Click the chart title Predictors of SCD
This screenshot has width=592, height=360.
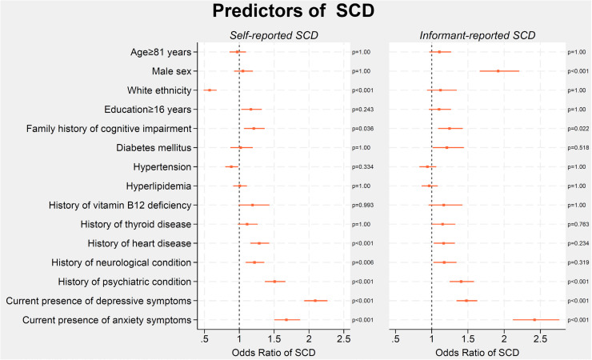pyautogui.click(x=294, y=11)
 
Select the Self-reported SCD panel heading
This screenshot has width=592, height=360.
pyautogui.click(x=274, y=35)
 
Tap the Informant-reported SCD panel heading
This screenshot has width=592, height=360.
pyautogui.click(x=478, y=35)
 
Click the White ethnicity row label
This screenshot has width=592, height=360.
pyautogui.click(x=159, y=90)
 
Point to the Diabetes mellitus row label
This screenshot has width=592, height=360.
pyautogui.click(x=154, y=148)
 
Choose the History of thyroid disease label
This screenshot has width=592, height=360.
pyautogui.click(x=136, y=225)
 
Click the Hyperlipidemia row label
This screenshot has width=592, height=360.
pyautogui.click(x=158, y=186)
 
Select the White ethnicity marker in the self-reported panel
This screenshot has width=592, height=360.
pyautogui.click(x=210, y=90)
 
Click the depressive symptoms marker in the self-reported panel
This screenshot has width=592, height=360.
pyautogui.click(x=315, y=301)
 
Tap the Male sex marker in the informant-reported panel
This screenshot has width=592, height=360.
pyautogui.click(x=498, y=71)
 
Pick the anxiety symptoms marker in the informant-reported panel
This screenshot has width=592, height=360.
pyautogui.click(x=534, y=320)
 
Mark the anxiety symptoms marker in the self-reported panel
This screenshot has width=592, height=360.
pyautogui.click(x=286, y=320)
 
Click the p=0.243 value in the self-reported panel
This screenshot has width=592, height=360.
pyautogui.click(x=362, y=110)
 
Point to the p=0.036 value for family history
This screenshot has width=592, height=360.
pyautogui.click(x=362, y=129)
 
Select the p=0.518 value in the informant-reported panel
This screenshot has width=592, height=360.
pyautogui.click(x=578, y=148)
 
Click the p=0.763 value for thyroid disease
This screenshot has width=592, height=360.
pyautogui.click(x=578, y=225)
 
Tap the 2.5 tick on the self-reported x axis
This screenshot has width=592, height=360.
pyautogui.click(x=343, y=339)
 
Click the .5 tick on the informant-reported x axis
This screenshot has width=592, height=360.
pyautogui.click(x=395, y=339)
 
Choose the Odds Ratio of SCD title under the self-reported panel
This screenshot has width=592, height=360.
pyautogui.click(x=274, y=353)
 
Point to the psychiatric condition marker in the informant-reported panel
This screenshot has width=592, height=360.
pyautogui.click(x=461, y=282)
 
